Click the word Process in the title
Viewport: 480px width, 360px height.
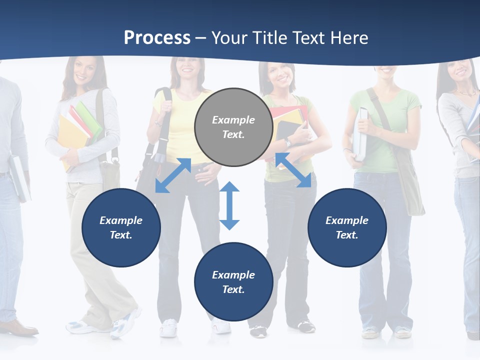pos(157,38)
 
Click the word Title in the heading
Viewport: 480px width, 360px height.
pos(269,38)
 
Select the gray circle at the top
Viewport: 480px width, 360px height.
pos(233,127)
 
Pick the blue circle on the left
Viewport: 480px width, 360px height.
pos(121,227)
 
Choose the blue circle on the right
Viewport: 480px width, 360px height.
pos(347,227)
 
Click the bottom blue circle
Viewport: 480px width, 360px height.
pos(233,282)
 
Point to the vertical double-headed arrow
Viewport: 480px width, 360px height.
pos(229,205)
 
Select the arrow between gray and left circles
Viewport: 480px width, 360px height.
pos(173,175)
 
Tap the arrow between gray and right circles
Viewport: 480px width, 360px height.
pos(293,170)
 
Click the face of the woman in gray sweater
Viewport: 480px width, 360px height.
pos(85,71)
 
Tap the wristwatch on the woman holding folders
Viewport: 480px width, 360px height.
pos(287,143)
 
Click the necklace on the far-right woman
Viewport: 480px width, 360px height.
pos(467,92)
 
